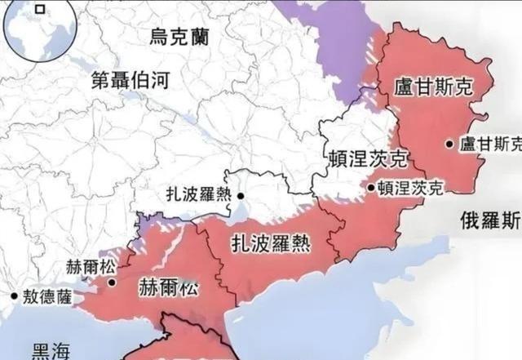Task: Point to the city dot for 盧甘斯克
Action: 449,144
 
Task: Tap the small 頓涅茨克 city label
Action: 411,188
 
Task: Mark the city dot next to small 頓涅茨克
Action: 371,188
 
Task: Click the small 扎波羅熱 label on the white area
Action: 203,195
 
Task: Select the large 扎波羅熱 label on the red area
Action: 269,242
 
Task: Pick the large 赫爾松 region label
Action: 167,287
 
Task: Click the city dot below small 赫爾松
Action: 112,283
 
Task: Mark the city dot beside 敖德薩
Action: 13,297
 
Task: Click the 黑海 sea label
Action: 50,350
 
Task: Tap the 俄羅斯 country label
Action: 490,219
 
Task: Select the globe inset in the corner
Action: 38,29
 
